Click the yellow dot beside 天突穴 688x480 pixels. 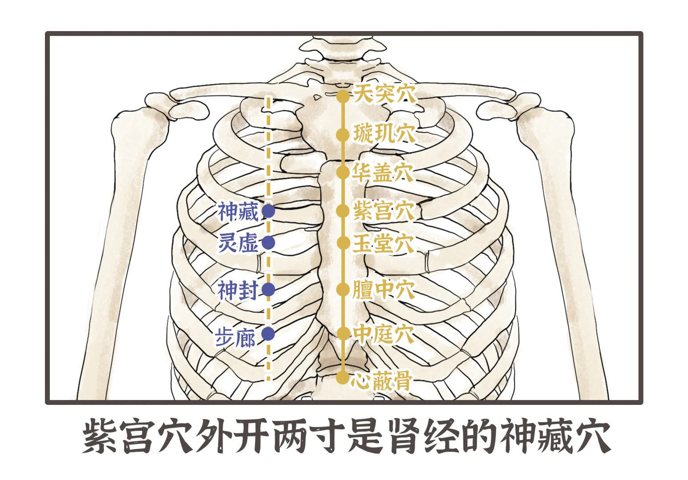[343, 96]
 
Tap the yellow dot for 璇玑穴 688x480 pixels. [343, 135]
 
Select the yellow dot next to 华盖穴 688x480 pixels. [343, 172]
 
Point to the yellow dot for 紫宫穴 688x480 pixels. [343, 211]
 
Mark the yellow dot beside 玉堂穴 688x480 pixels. [343, 243]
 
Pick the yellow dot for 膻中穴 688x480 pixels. [343, 289]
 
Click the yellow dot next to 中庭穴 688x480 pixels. [343, 333]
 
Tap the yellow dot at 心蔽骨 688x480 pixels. [343, 378]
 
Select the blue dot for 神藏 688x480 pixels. [268, 211]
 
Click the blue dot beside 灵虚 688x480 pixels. [268, 243]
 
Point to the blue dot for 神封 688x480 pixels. [268, 289]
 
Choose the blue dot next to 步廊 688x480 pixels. [268, 334]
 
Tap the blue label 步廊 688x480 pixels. [235, 337]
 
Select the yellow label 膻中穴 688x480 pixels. [383, 289]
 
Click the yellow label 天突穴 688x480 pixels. [385, 94]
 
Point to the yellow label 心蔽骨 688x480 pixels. [381, 380]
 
